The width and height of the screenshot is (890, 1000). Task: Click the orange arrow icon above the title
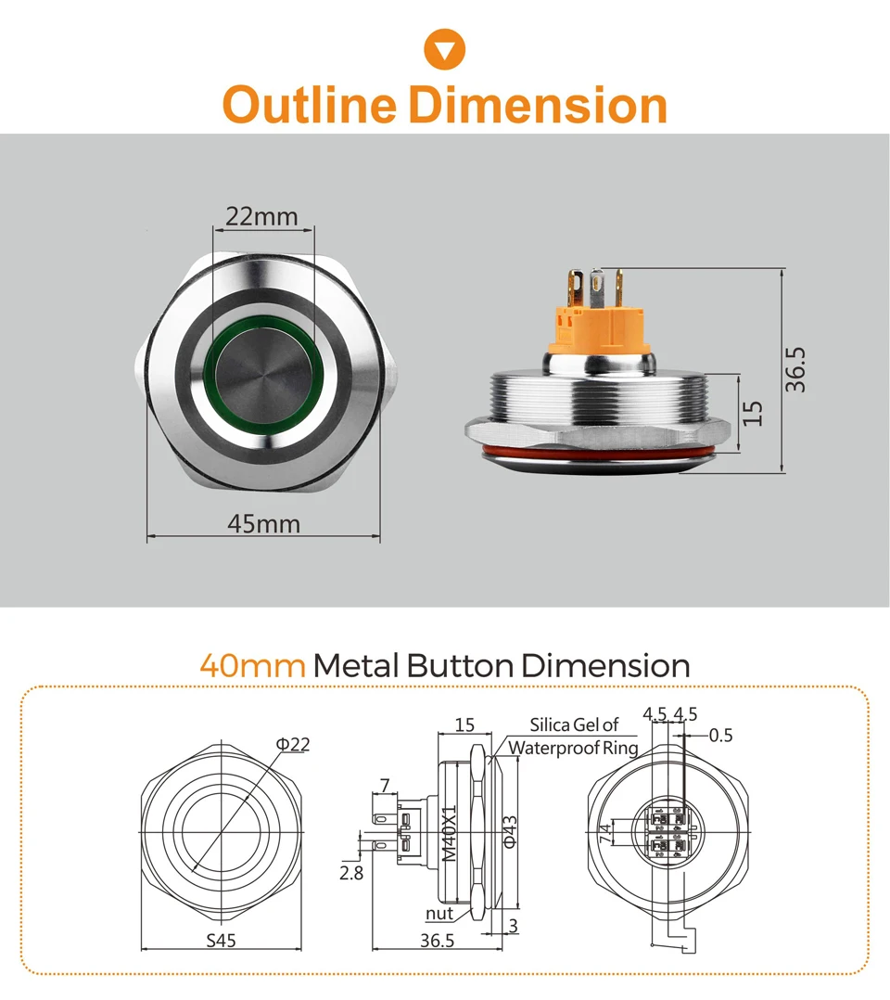(444, 48)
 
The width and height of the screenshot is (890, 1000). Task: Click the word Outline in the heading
(311, 105)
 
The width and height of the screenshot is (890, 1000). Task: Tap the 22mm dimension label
(263, 217)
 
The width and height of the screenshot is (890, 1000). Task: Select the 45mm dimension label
(263, 524)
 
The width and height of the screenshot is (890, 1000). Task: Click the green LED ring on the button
(263, 333)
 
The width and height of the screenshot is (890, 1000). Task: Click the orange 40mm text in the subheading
(252, 666)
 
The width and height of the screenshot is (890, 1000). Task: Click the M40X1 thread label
(449, 832)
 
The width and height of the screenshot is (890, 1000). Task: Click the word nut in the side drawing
(439, 914)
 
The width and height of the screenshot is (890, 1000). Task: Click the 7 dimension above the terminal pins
(383, 787)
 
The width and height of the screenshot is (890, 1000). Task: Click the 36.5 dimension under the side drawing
(436, 941)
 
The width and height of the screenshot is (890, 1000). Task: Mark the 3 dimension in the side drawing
(513, 926)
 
